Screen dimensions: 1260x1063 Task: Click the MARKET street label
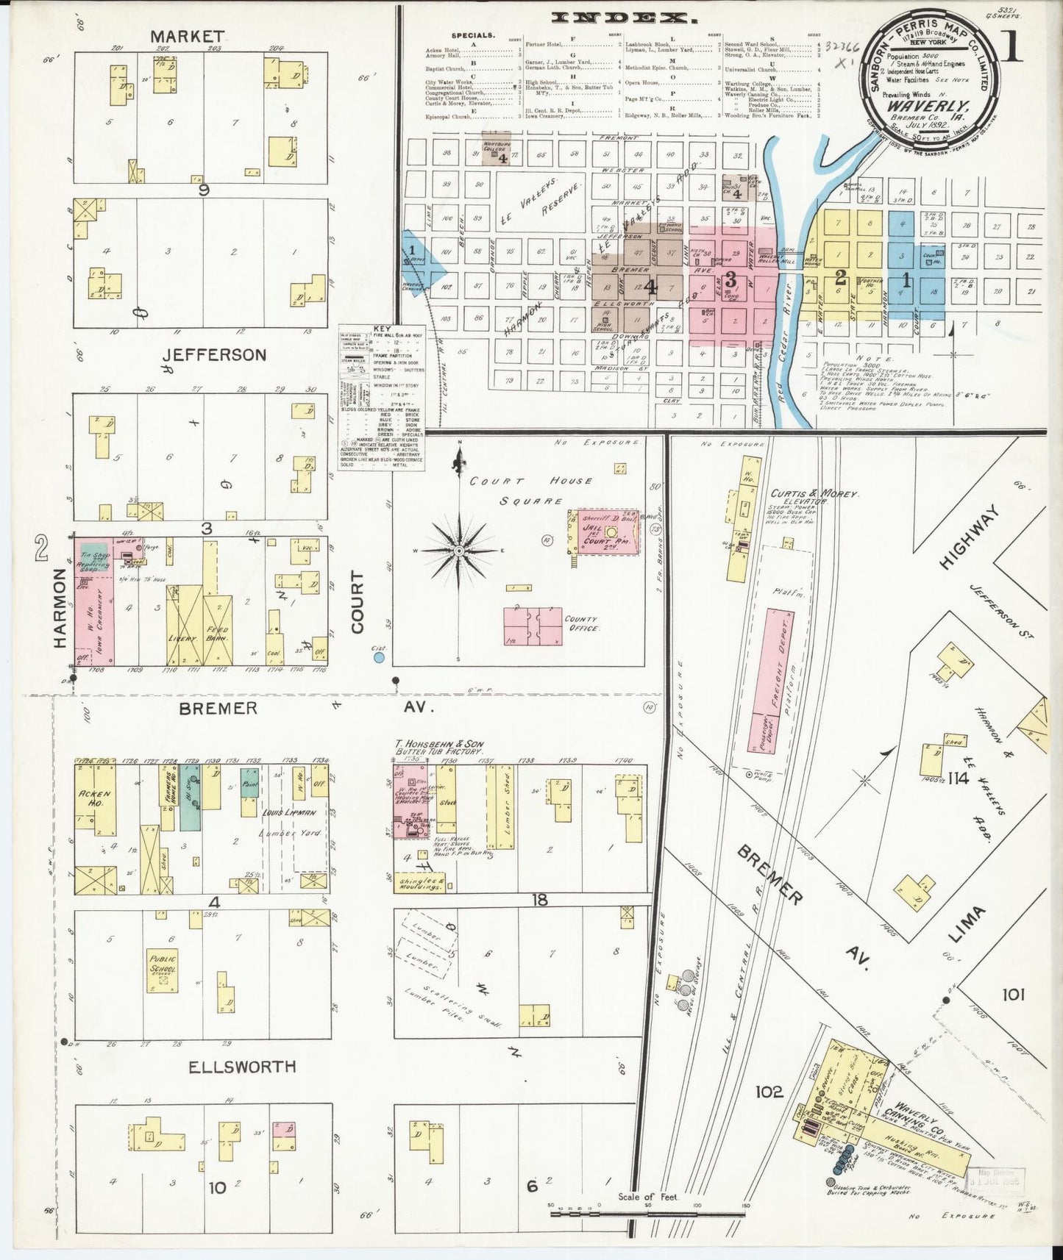click(x=187, y=36)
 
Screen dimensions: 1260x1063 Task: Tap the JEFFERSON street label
click(x=214, y=355)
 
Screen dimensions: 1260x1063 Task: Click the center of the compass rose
click(x=459, y=550)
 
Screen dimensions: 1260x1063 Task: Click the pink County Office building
click(x=533, y=626)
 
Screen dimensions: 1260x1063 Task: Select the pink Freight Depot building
click(x=769, y=680)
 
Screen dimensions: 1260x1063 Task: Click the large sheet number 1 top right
click(x=1012, y=46)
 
